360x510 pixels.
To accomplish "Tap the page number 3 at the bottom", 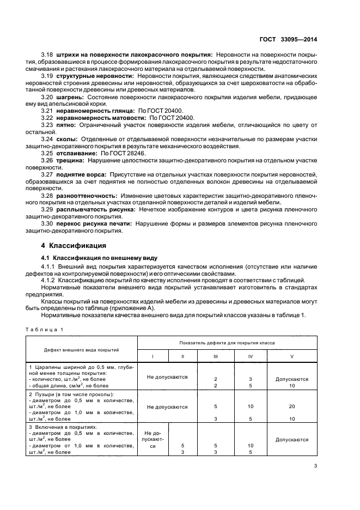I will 316,466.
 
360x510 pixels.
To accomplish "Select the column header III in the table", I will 216,356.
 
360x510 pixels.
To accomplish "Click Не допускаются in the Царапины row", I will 167,377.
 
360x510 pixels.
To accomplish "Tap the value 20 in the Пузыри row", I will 291,406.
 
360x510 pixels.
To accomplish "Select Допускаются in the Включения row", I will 291,439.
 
